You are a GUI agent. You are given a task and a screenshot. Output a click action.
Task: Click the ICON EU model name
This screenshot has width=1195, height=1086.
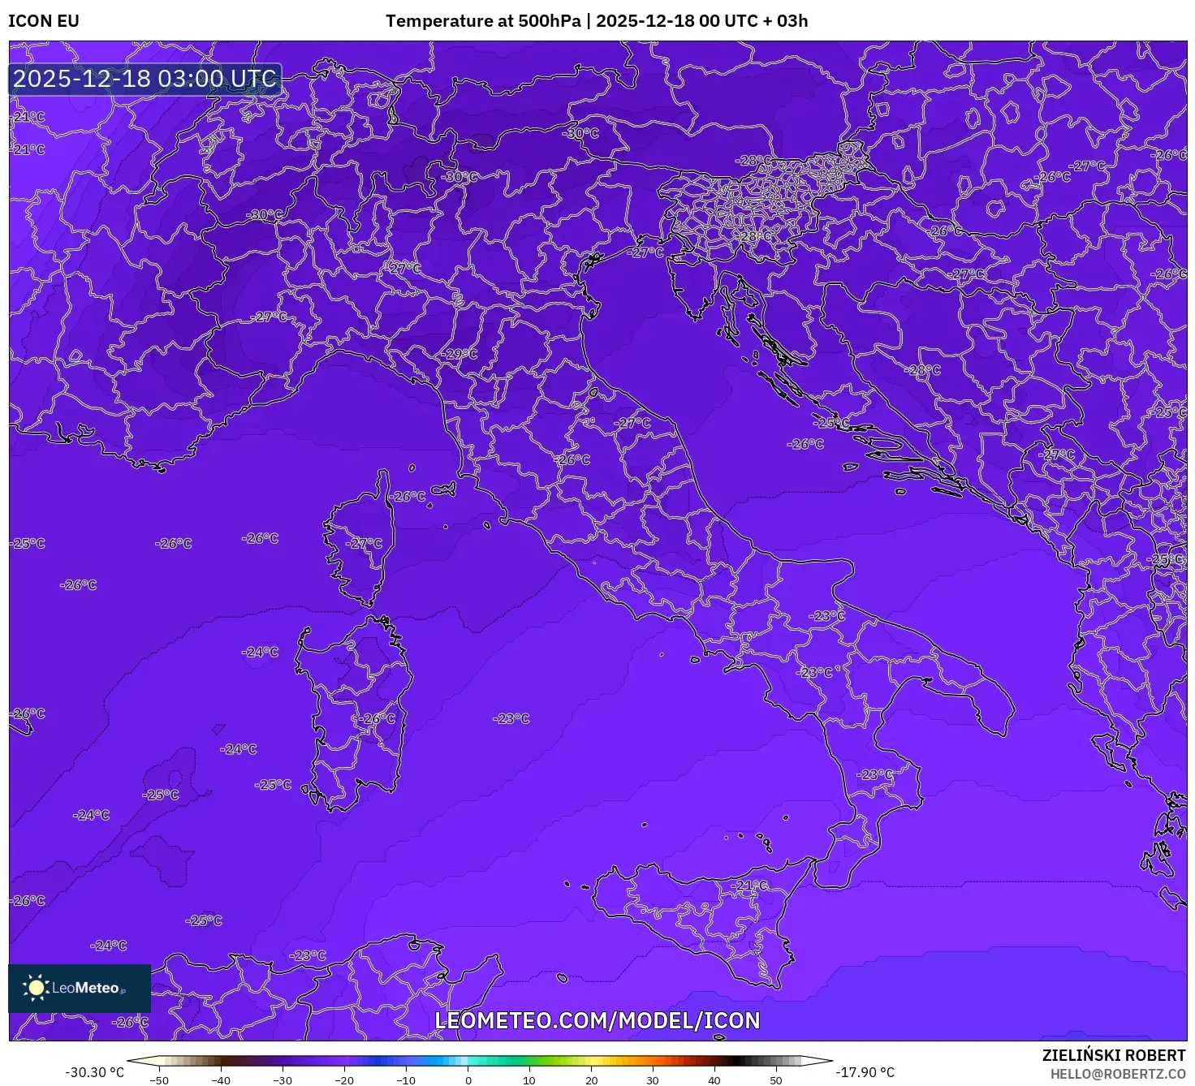click(x=44, y=21)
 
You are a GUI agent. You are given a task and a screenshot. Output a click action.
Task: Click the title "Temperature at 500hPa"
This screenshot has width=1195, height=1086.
click(x=483, y=21)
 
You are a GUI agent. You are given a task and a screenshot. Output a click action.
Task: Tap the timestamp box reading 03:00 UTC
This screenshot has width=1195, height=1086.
click(x=145, y=79)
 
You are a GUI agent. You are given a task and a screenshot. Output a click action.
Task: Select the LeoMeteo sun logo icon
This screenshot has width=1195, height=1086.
click(x=37, y=988)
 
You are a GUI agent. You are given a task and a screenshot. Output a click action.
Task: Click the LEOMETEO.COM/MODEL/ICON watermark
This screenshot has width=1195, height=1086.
click(x=597, y=1020)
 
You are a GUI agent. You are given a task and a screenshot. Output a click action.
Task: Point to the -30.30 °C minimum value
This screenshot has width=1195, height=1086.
click(x=94, y=1072)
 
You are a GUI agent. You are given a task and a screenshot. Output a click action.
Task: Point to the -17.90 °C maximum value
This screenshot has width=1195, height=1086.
click(x=865, y=1072)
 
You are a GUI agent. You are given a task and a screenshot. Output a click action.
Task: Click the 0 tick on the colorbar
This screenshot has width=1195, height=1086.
click(x=468, y=1080)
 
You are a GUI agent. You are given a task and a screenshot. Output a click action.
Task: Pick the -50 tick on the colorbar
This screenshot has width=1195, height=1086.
click(x=159, y=1080)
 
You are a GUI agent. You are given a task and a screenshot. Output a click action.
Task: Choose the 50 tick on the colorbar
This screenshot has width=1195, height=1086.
click(x=776, y=1080)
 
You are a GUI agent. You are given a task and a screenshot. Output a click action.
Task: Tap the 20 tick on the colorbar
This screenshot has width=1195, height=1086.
click(x=591, y=1080)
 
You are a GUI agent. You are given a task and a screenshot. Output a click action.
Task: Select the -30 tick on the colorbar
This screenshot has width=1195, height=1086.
click(x=283, y=1080)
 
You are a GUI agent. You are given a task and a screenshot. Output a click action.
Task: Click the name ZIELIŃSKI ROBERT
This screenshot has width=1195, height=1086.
click(x=1114, y=1055)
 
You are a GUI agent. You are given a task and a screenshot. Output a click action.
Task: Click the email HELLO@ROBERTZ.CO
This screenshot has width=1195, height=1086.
click(x=1118, y=1074)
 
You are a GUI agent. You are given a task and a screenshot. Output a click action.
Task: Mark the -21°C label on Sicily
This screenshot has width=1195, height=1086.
click(x=749, y=886)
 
